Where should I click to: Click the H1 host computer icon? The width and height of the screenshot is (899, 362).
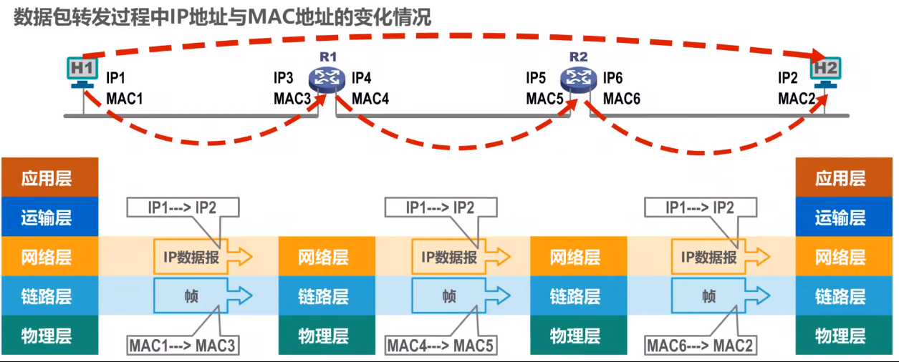82,72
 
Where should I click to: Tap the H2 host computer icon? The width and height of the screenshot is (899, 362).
826,72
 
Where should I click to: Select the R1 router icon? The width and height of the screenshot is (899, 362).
327,79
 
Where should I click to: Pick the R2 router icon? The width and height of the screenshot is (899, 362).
578,79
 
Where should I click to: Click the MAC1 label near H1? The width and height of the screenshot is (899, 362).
125,98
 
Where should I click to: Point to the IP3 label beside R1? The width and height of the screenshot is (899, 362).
284,77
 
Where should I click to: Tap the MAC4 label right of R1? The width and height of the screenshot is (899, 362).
370,98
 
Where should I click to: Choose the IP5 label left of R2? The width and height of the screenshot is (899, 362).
536,77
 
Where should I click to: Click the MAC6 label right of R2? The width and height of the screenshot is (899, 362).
622,98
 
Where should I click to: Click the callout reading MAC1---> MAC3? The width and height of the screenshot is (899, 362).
182,346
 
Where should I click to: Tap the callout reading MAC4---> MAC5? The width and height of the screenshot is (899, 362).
441,346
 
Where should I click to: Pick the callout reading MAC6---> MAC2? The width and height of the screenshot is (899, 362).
700,346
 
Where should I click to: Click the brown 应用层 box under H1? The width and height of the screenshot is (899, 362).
47,178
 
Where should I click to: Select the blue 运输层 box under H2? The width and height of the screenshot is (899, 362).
840,217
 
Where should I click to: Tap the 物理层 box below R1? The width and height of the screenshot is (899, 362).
324,336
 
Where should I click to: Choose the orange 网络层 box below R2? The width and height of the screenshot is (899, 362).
575,257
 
